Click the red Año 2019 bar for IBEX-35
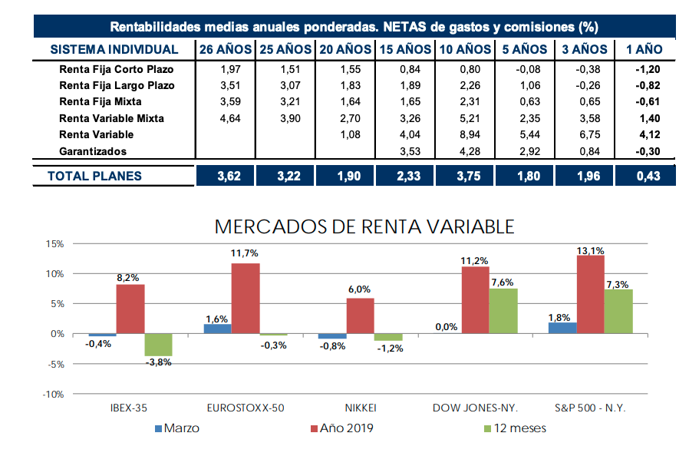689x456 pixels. (x=130, y=309)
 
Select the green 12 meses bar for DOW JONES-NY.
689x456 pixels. (x=503, y=311)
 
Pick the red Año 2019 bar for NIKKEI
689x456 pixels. (x=361, y=316)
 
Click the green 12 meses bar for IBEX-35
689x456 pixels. (x=158, y=345)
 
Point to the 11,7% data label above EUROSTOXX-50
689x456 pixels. (x=246, y=253)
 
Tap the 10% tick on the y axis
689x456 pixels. (x=53, y=274)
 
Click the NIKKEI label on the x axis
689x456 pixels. (x=361, y=408)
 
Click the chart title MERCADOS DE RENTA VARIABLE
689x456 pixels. (x=364, y=226)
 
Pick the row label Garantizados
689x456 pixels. (x=93, y=151)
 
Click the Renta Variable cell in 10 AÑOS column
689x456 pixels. (x=464, y=135)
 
